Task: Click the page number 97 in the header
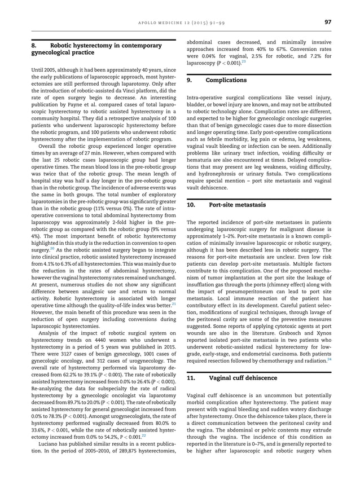tap(327, 22)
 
